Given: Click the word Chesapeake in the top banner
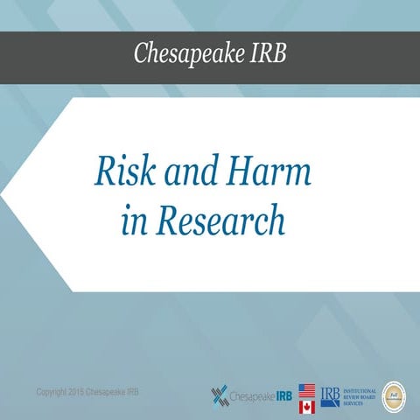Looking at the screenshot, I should [x=183, y=53].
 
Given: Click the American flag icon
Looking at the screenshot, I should [x=307, y=390].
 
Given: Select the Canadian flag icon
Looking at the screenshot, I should [x=307, y=406].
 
